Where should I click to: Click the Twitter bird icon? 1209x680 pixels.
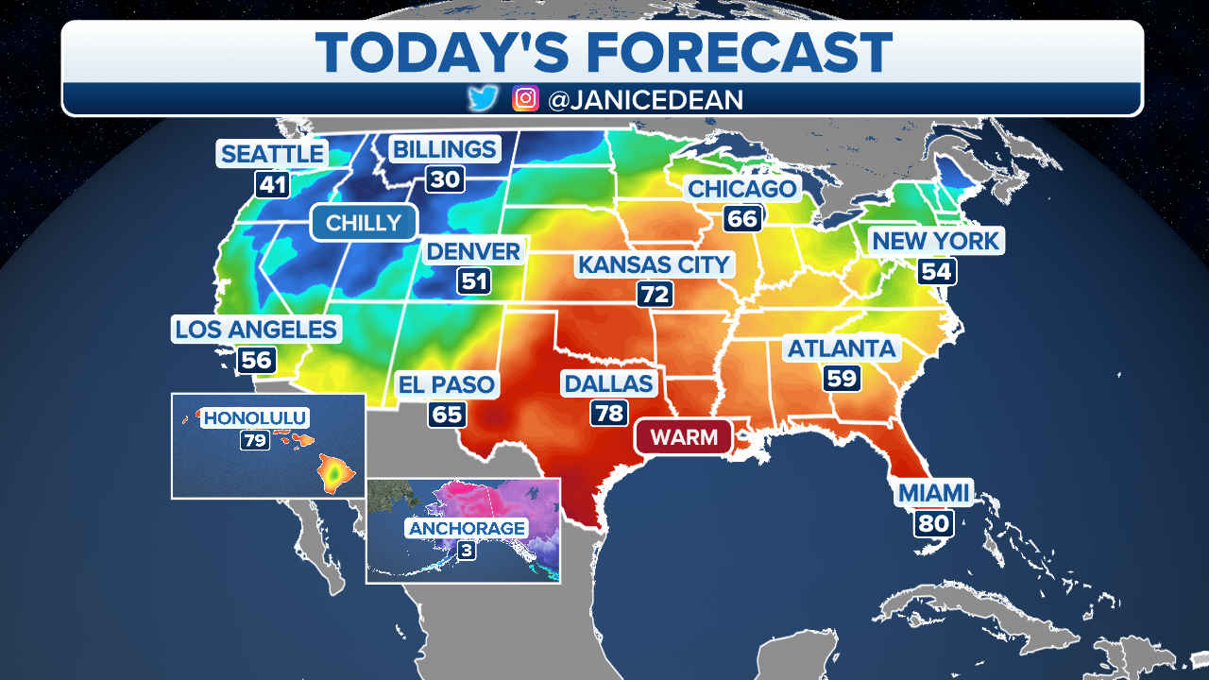[483, 99]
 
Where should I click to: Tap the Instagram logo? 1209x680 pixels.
[525, 99]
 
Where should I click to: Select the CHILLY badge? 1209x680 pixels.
[363, 223]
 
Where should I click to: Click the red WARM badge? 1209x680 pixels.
[683, 436]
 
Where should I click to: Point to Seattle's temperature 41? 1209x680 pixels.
[272, 184]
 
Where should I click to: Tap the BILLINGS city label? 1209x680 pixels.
[444, 149]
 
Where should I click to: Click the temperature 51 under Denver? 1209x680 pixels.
[473, 281]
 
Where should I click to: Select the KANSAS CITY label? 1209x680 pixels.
[655, 264]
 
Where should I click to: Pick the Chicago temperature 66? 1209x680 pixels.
[742, 219]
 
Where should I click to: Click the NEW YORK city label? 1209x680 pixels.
[935, 241]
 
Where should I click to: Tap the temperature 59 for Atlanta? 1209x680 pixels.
[841, 379]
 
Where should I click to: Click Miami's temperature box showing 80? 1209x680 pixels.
[932, 522]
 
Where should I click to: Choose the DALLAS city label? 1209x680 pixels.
[607, 383]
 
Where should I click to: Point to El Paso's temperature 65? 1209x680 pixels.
[447, 415]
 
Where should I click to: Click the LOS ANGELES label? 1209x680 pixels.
[256, 330]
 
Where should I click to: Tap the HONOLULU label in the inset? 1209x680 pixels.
[256, 417]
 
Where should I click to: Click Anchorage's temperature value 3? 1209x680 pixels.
[466, 550]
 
